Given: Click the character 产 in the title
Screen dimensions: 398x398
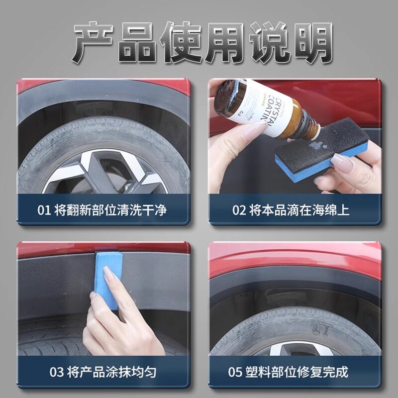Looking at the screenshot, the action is click(x=93, y=43).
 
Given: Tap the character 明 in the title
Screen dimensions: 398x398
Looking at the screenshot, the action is click(x=312, y=43).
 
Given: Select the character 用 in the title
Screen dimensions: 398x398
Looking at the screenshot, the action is click(x=225, y=43).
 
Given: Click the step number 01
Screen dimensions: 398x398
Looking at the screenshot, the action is click(x=44, y=210).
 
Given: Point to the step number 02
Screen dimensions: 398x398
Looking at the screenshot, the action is click(x=239, y=210).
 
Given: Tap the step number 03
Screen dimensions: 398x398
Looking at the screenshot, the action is click(x=57, y=372).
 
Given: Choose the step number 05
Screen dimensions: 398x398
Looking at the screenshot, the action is click(x=235, y=372).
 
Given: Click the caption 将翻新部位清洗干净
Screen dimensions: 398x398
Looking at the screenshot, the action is click(x=110, y=210).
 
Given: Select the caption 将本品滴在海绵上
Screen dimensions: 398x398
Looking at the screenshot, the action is click(x=299, y=210).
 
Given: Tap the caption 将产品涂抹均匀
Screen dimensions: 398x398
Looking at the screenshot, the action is click(x=111, y=372).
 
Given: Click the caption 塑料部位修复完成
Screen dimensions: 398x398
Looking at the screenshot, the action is click(x=297, y=372).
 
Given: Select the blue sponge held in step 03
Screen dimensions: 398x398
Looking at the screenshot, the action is click(x=108, y=279).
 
